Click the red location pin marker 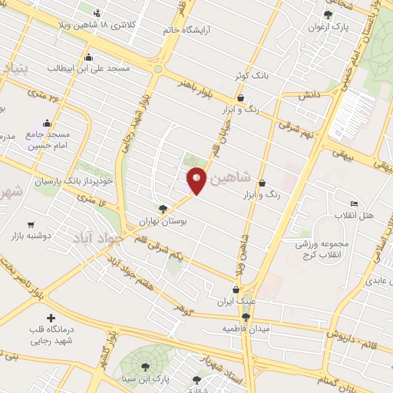196,180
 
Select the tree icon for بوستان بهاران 162,208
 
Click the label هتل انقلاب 358,216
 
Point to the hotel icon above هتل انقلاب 354,203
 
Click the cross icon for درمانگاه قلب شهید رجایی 51,318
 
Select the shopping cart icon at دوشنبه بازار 31,225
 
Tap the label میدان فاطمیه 243,329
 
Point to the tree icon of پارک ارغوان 329,15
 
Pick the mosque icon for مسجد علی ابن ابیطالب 89,56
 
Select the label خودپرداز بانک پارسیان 73,182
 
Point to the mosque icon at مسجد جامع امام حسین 47,123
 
